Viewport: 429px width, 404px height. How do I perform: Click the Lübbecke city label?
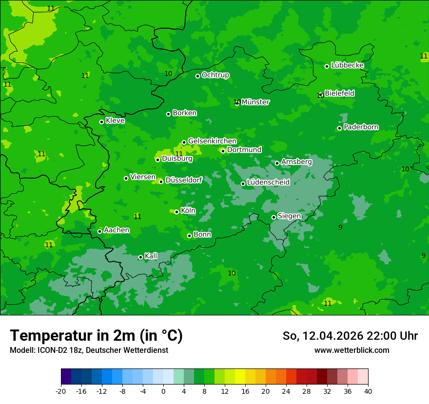click(x=347, y=65)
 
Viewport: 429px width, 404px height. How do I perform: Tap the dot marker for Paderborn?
click(x=339, y=128)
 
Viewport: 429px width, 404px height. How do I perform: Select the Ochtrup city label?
click(x=215, y=75)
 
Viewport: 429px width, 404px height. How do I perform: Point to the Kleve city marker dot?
click(x=101, y=122)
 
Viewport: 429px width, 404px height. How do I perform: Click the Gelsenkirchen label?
click(x=212, y=141)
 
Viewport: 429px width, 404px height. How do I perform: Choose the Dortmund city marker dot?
click(x=223, y=151)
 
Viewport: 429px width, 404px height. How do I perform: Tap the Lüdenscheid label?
click(x=268, y=183)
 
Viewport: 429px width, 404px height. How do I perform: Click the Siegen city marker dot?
click(x=273, y=217)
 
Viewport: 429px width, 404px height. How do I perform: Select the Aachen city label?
click(x=117, y=230)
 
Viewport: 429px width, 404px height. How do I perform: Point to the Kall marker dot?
click(x=140, y=257)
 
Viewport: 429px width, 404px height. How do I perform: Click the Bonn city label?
click(x=202, y=235)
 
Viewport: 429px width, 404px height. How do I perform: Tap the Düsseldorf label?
click(x=184, y=181)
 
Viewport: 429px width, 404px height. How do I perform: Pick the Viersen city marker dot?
click(x=126, y=178)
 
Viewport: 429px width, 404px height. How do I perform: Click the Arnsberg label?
click(x=296, y=162)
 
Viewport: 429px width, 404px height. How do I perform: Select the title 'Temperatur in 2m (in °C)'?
click(x=96, y=335)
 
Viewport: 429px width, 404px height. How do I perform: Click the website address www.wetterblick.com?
click(x=351, y=350)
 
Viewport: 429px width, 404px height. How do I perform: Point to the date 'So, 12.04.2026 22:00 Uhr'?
click(x=350, y=336)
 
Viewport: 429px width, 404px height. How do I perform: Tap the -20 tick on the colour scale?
click(x=61, y=391)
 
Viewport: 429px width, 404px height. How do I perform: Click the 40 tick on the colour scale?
click(x=368, y=391)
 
